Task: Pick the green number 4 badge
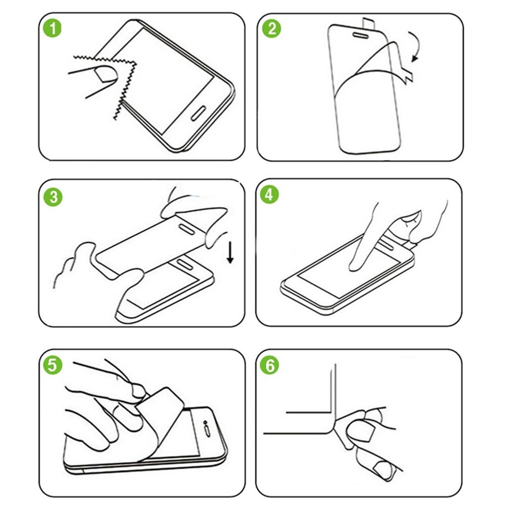[270, 195]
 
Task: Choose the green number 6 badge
[270, 366]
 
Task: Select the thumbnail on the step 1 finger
[106, 74]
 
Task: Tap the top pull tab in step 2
[369, 22]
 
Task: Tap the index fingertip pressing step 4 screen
[354, 266]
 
